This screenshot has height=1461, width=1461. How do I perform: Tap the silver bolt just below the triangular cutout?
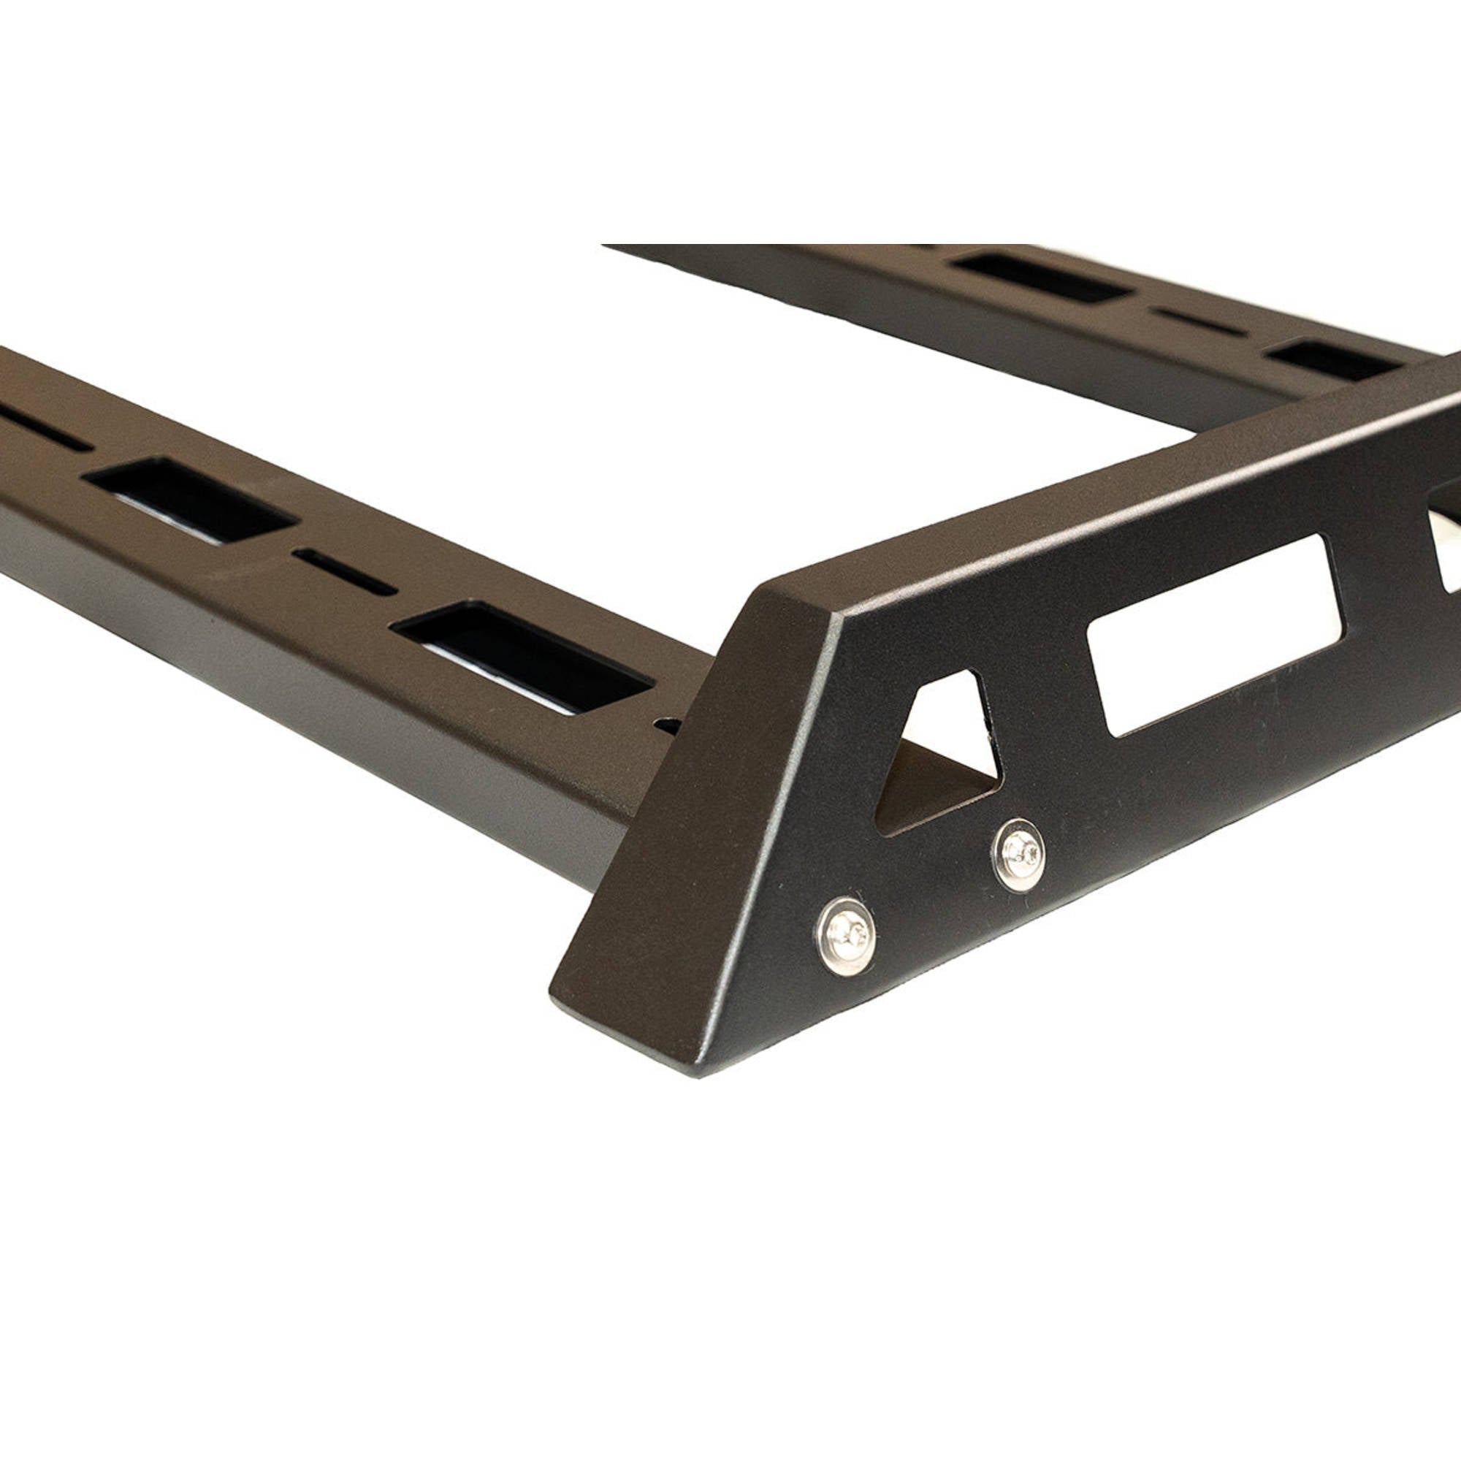1018,855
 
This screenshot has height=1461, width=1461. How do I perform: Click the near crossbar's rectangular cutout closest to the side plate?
522,657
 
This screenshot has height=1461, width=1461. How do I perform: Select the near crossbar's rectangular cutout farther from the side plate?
188,499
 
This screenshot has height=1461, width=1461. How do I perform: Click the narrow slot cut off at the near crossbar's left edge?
42,428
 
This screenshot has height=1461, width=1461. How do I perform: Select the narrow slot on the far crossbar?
1199,321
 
